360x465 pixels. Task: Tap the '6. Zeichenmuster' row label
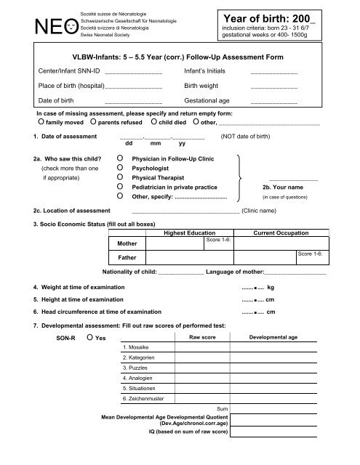[x=143, y=400]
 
